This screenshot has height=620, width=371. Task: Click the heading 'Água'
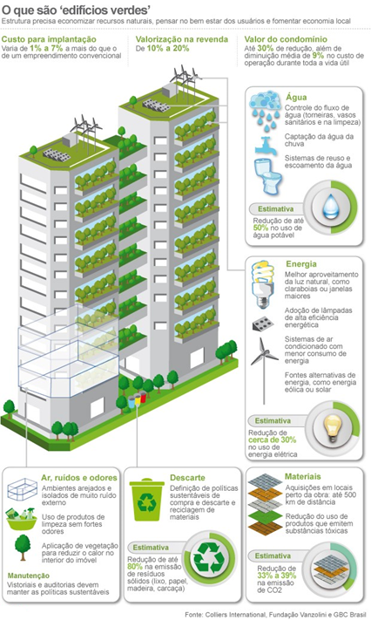296,98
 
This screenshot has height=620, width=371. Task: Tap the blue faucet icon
263,146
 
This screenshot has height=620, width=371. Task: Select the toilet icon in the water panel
267,176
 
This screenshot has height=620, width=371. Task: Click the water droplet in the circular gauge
331,206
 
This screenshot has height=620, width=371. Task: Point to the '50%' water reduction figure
260,228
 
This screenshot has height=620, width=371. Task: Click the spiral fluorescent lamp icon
263,283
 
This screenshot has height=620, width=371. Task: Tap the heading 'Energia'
301,263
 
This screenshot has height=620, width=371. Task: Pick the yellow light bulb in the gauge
332,428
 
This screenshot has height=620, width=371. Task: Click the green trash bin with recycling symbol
147,501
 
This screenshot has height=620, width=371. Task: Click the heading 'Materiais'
303,476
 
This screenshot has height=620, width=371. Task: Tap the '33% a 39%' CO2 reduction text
277,576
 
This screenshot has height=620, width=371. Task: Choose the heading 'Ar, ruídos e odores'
79,478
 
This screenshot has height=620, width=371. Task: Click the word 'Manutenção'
29,576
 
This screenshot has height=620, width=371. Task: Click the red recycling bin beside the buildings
143,398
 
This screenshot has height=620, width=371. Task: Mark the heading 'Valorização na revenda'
182,39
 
